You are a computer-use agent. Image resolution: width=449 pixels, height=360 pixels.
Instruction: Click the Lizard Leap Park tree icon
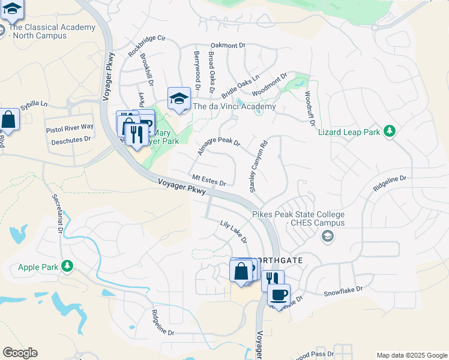[390, 131]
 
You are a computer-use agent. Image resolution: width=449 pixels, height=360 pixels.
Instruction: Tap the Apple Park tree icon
[68, 265]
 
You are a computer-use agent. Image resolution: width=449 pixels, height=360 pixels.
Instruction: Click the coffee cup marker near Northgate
[279, 295]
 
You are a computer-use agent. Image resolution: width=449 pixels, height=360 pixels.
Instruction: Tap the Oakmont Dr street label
[229, 45]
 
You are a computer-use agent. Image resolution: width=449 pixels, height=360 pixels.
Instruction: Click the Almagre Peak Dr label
[218, 144]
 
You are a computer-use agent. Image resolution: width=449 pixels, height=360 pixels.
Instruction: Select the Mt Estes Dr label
[209, 179]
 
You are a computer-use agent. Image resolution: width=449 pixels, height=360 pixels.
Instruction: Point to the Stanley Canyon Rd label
[258, 167]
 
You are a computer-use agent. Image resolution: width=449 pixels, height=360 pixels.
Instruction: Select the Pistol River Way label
[70, 128]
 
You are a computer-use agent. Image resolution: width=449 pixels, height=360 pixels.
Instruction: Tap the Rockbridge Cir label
[146, 46]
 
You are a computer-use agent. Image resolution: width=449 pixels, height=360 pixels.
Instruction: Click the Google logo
[20, 353]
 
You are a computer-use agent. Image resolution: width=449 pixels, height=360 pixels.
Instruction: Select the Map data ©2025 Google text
[411, 355]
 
